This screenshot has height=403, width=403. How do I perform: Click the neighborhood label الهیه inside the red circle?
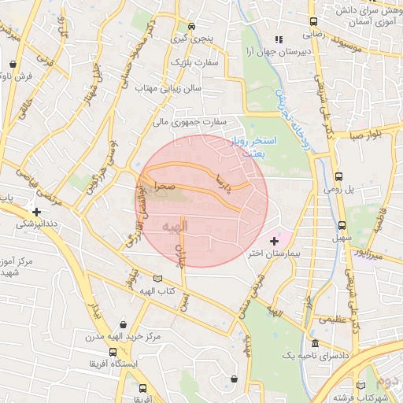pos(175,227)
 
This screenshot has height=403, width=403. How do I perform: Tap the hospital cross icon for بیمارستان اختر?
pos(274,240)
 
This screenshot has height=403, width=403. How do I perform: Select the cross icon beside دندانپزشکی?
pos(36,211)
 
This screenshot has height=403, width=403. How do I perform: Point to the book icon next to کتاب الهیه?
pos(157,279)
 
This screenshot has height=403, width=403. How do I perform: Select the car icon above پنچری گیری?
pos(191,25)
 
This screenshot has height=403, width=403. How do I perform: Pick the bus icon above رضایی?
pos(313,23)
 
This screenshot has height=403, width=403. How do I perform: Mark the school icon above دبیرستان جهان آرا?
pos(277,39)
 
